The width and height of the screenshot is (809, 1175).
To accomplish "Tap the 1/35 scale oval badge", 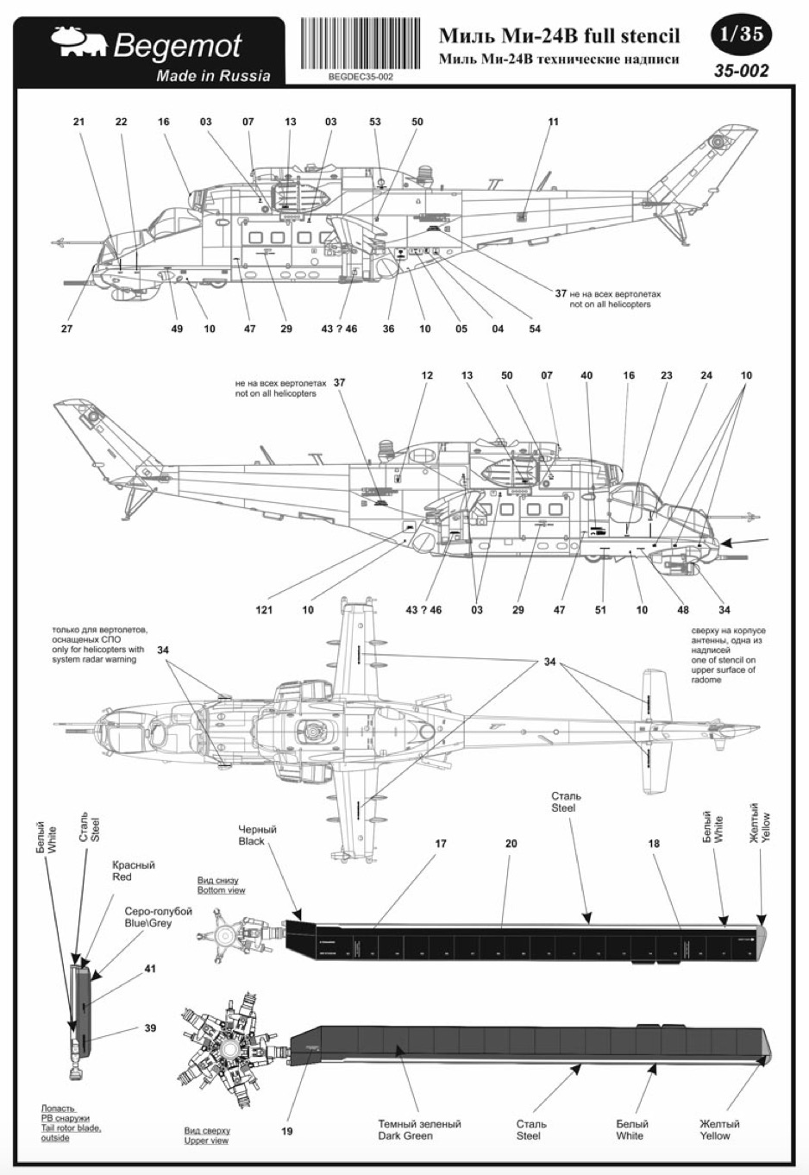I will coord(739,35).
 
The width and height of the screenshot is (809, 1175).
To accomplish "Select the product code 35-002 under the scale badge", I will coord(740,71).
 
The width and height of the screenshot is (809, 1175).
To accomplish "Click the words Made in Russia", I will coord(213,76).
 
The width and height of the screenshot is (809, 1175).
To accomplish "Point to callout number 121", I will coord(264,610).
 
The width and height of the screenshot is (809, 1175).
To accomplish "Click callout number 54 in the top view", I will coord(535,329).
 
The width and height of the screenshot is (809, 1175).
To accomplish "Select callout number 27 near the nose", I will coord(66,329).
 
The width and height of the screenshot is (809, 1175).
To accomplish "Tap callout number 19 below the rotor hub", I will coord(287,1130).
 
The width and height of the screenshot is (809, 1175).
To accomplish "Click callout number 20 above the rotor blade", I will coord(511,843).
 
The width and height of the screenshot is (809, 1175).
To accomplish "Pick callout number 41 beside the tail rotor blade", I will coord(150,970).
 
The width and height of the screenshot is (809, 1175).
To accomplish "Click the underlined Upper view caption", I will coord(206,1140).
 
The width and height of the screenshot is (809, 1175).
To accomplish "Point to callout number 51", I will coord(600,610).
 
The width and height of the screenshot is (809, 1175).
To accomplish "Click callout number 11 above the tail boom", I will coord(553,122).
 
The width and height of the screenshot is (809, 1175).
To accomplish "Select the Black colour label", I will coord(252,841).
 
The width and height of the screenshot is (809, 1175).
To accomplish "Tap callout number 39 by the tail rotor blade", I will coord(150,1028).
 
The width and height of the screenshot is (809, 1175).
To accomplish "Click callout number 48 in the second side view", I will coord(683,610).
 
